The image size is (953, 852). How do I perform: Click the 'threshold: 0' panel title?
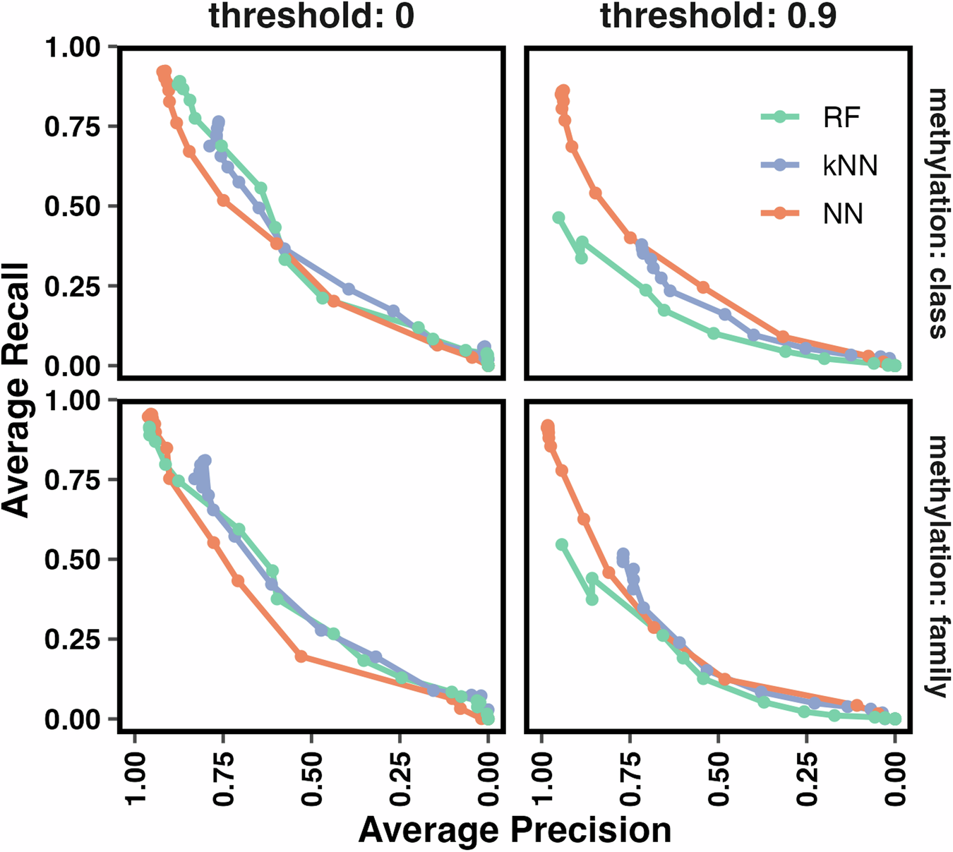coord(311,16)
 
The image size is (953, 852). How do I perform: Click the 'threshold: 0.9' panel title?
coord(718,16)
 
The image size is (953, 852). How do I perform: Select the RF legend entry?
coord(841,117)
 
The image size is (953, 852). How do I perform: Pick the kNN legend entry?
coord(850,165)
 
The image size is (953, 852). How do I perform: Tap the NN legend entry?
coord(843,213)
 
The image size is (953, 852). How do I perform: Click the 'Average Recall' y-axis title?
coord(16,390)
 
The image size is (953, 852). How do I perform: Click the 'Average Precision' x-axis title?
coord(515,830)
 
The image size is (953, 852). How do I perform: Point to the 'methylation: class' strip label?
coord(937,213)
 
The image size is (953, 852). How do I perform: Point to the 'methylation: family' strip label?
coord(937,566)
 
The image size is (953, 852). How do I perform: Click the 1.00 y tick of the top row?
coord(73,48)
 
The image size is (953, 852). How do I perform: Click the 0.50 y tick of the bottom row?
coord(73,560)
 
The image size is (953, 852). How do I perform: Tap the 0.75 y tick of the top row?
coord(73,127)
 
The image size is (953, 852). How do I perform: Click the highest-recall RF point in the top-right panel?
coord(558,217)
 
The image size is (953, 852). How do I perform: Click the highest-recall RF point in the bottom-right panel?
coord(562,544)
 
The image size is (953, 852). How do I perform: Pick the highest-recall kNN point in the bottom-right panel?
coord(623,554)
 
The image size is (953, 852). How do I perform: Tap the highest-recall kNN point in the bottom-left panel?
coord(205,460)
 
